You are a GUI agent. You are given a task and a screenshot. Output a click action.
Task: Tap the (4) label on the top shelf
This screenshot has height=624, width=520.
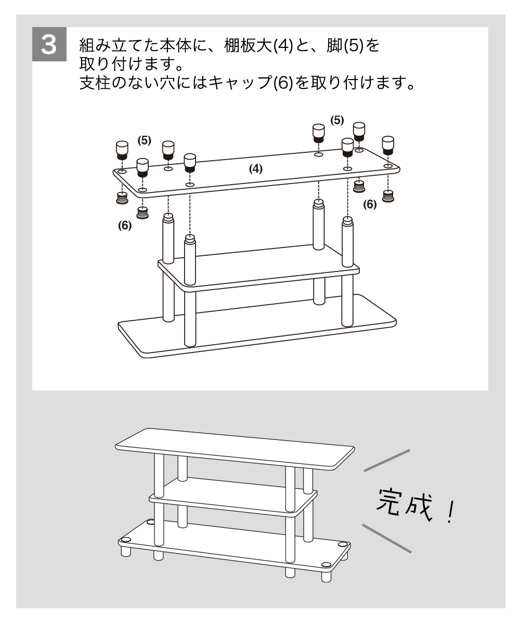[255, 169]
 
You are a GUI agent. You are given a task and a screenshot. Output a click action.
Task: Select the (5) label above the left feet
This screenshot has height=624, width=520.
[144, 140]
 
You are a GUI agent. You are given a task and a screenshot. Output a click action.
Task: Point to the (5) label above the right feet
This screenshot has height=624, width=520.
[337, 121]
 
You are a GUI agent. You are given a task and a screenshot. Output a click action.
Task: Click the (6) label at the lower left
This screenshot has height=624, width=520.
[124, 226]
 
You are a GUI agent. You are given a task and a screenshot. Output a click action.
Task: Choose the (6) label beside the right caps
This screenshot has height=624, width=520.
[369, 204]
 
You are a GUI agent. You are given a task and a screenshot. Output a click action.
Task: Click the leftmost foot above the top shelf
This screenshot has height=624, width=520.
[121, 150]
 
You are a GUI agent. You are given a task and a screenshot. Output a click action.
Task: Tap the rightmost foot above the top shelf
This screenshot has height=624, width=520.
[388, 145]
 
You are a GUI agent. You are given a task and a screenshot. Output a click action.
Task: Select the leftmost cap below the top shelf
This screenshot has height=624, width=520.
[122, 198]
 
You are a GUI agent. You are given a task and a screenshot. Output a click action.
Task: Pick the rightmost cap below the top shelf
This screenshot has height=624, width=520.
[387, 196]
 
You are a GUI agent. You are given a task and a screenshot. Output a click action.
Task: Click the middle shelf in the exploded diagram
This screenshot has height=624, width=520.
[260, 270]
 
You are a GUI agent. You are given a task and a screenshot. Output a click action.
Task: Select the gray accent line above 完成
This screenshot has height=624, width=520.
[387, 461]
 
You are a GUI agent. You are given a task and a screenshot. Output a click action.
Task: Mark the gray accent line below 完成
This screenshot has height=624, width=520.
[387, 538]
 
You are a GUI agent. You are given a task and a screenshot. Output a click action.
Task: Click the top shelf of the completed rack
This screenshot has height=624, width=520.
[234, 447]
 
